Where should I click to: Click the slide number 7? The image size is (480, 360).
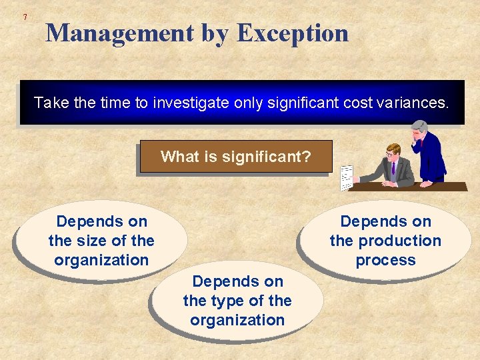[x=25, y=16]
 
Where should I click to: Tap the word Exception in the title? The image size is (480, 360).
[x=293, y=33]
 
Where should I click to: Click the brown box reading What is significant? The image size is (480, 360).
[x=235, y=157]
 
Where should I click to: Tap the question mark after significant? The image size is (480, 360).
[x=307, y=157]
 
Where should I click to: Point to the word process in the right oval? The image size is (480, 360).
[x=385, y=260]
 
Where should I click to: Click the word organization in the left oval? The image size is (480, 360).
[x=101, y=260]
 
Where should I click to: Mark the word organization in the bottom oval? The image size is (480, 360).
[x=237, y=320]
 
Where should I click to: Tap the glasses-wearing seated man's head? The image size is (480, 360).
[x=393, y=151]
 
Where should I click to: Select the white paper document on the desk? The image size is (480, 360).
[x=347, y=177]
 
